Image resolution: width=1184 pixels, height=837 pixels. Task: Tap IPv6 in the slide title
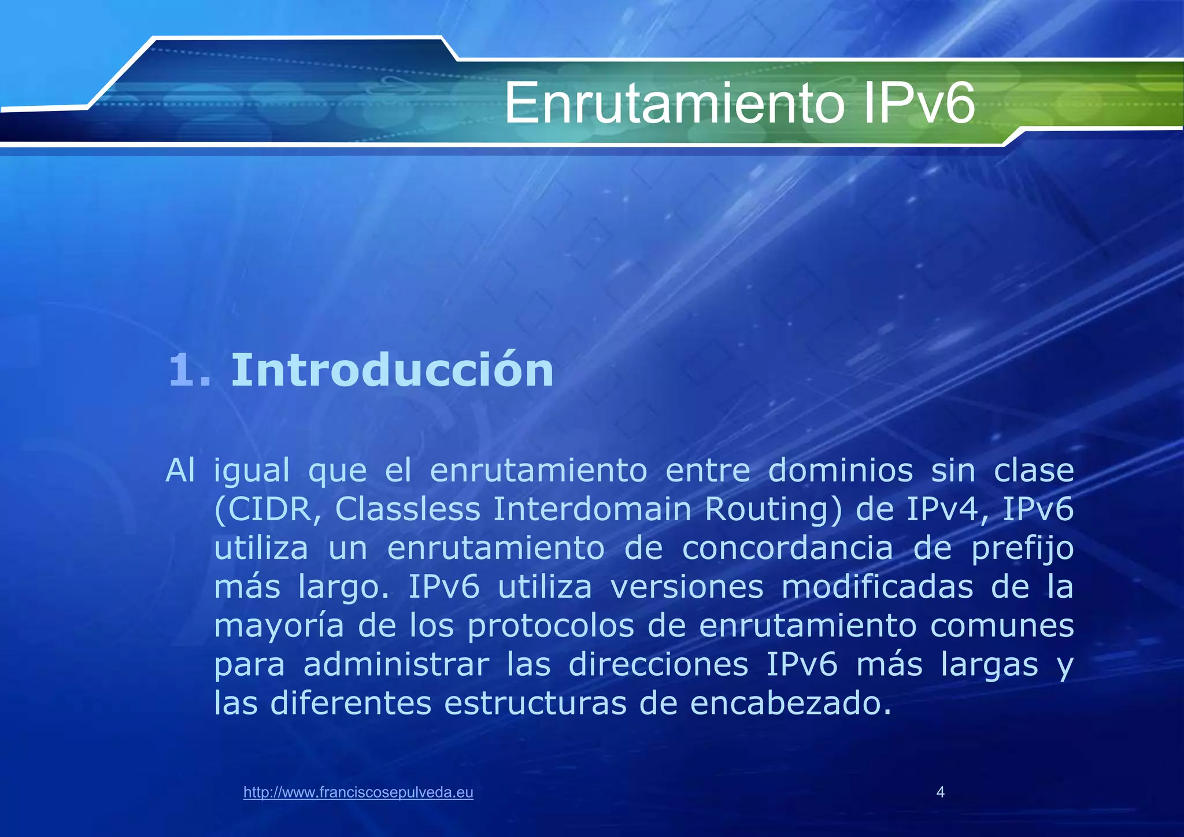pos(919,104)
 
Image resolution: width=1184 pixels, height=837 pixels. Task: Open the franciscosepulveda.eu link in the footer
pos(358,792)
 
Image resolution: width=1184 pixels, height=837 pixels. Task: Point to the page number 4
pos(941,792)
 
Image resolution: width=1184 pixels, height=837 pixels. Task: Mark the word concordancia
pos(787,549)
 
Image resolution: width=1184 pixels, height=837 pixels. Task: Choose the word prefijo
pos(1022,549)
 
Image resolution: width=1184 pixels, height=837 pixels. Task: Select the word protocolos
pos(551,626)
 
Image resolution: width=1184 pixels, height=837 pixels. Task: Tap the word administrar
pos(396,665)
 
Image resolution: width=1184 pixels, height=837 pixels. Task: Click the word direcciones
pos(658,665)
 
